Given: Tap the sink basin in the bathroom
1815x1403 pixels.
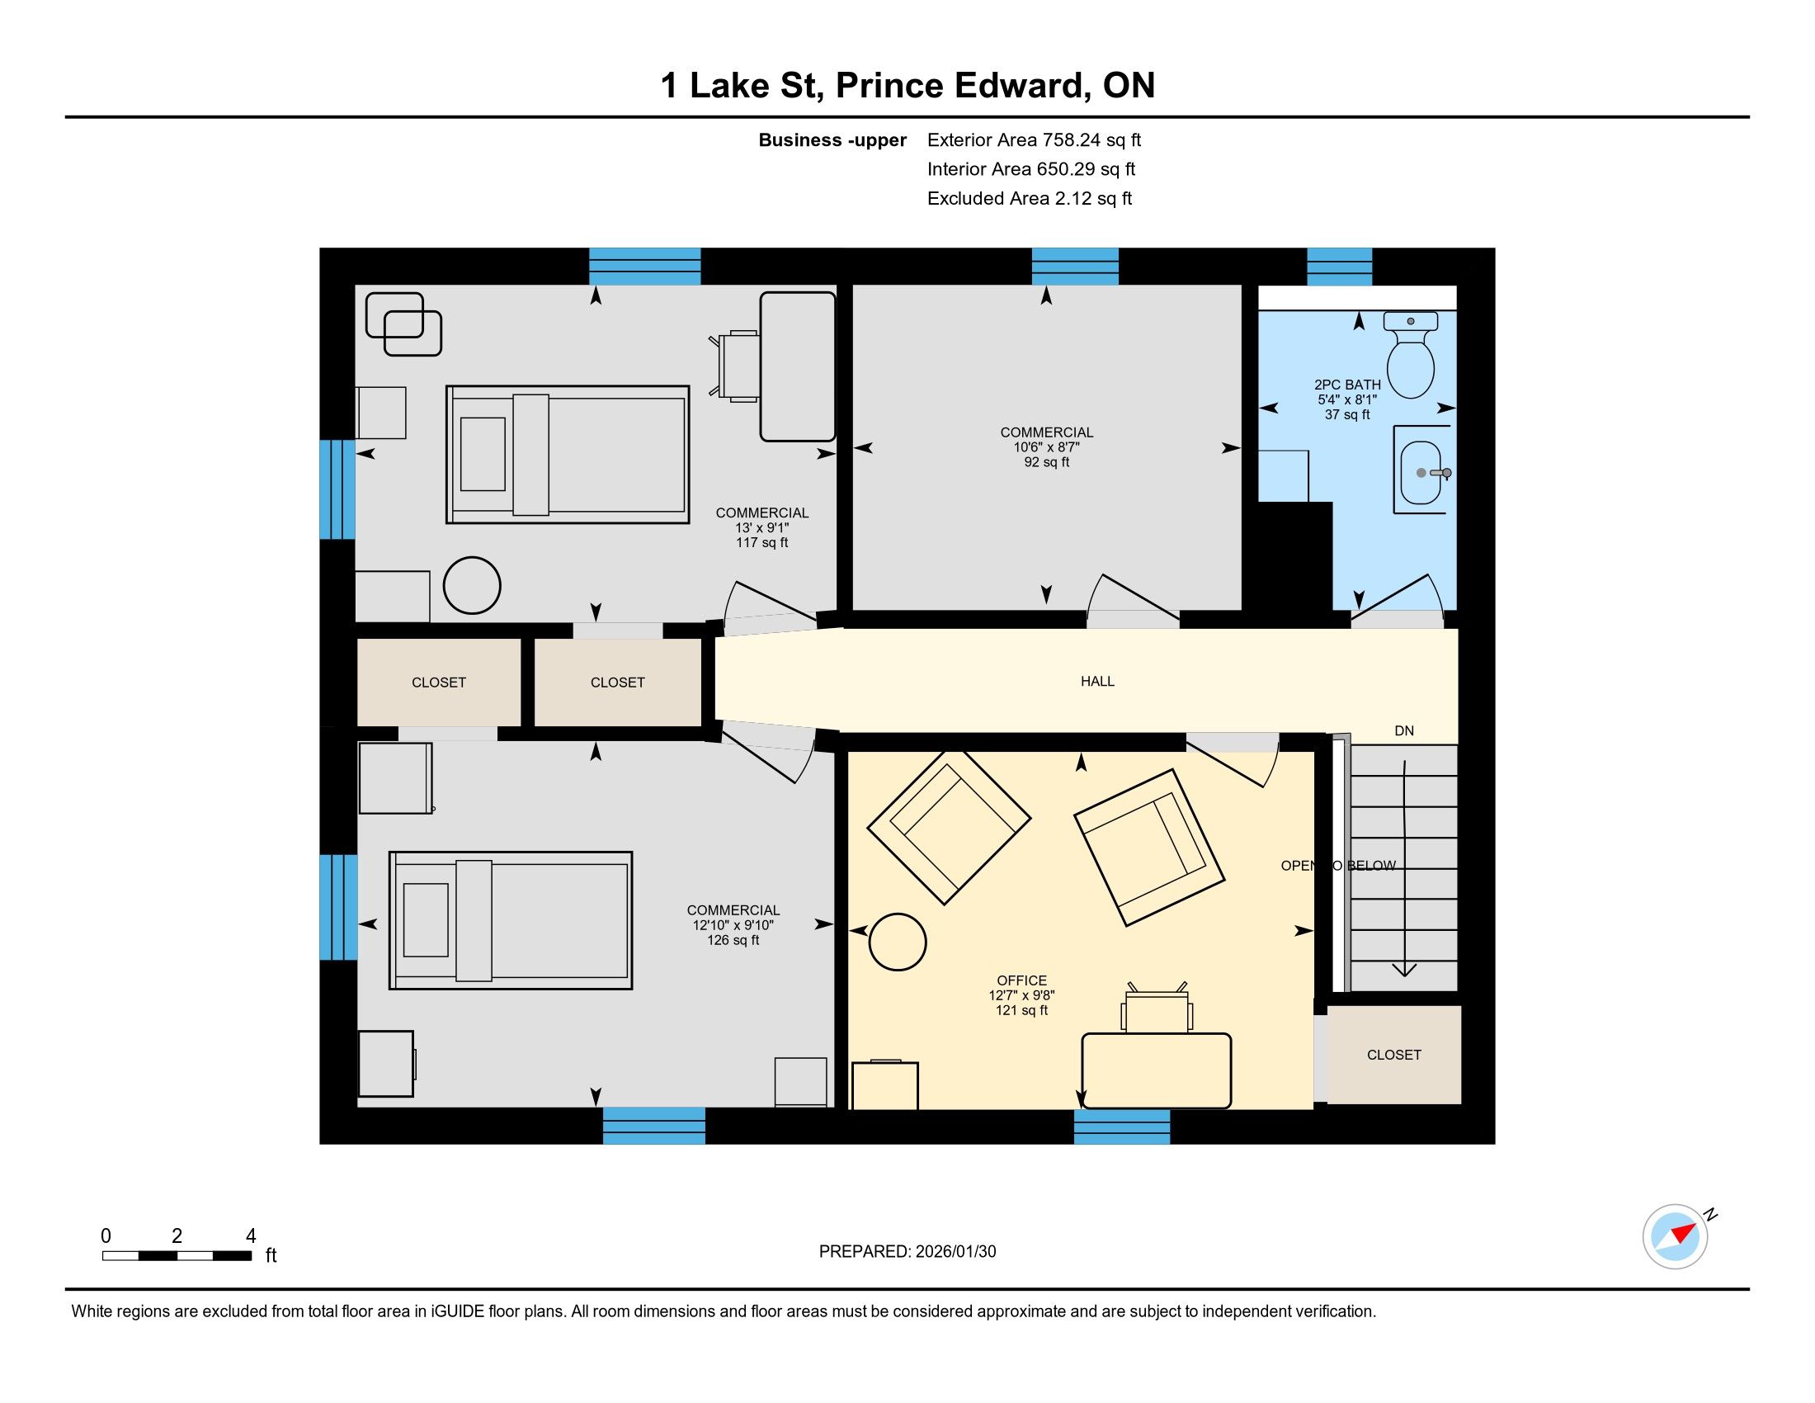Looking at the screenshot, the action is (x=1421, y=473).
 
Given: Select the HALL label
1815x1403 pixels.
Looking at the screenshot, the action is (x=1097, y=682).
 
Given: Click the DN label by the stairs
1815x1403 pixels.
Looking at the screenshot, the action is (x=1403, y=730).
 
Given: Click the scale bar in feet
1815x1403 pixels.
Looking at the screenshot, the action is (x=177, y=1256).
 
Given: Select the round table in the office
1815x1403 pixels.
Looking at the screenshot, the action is (x=898, y=942).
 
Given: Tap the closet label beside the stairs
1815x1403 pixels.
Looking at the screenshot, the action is (x=1393, y=1055).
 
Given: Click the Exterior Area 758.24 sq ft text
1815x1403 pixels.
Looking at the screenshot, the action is (x=1034, y=139).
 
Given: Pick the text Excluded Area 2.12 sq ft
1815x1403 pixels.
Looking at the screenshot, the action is (x=1030, y=198).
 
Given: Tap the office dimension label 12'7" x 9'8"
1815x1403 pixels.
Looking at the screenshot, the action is (x=1021, y=995).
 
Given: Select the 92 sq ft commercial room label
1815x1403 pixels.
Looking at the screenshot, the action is (x=1046, y=462).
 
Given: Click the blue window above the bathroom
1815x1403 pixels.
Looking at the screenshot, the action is (x=1339, y=267).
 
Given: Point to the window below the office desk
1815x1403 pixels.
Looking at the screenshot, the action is (x=1122, y=1127).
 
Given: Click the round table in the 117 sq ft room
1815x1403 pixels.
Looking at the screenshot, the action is (x=472, y=585).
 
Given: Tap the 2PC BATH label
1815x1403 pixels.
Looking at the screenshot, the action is (x=1347, y=385).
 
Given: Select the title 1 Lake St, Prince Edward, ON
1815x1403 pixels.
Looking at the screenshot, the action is (x=907, y=85).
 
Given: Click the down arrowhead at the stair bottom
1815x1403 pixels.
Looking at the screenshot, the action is (x=1404, y=969).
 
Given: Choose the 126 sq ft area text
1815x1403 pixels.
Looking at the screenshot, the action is (x=733, y=940).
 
